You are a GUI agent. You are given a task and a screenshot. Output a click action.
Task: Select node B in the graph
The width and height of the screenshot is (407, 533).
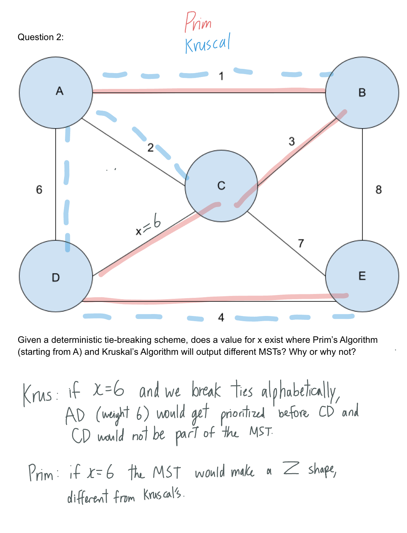[362, 92]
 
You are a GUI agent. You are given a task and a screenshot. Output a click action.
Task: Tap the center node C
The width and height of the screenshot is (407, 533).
[221, 186]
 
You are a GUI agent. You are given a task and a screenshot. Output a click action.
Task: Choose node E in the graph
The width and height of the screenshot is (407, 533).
[362, 276]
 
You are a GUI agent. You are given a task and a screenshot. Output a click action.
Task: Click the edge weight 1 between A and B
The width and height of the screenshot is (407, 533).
[221, 76]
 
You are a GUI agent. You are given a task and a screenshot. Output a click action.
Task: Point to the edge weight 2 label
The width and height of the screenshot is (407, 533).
[150, 148]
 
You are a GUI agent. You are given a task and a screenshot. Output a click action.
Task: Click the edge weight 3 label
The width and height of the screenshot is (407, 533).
[291, 141]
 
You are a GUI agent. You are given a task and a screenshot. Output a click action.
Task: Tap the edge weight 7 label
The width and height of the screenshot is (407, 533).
[301, 243]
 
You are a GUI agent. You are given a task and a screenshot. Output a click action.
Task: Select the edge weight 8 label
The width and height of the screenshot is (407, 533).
[379, 190]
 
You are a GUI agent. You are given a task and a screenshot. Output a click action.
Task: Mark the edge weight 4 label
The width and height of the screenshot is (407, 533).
[221, 318]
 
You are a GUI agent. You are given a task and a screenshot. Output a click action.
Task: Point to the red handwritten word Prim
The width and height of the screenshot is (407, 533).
[198, 22]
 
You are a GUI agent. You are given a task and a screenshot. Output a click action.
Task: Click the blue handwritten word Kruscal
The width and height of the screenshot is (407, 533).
[208, 44]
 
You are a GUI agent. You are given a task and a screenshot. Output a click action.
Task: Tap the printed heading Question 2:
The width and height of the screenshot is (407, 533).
[40, 37]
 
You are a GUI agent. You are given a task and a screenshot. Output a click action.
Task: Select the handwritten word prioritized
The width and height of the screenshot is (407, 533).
[243, 415]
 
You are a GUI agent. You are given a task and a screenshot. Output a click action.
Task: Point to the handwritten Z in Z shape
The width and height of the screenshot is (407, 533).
[291, 468]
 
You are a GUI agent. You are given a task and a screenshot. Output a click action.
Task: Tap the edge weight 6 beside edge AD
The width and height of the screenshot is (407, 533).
[39, 190]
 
